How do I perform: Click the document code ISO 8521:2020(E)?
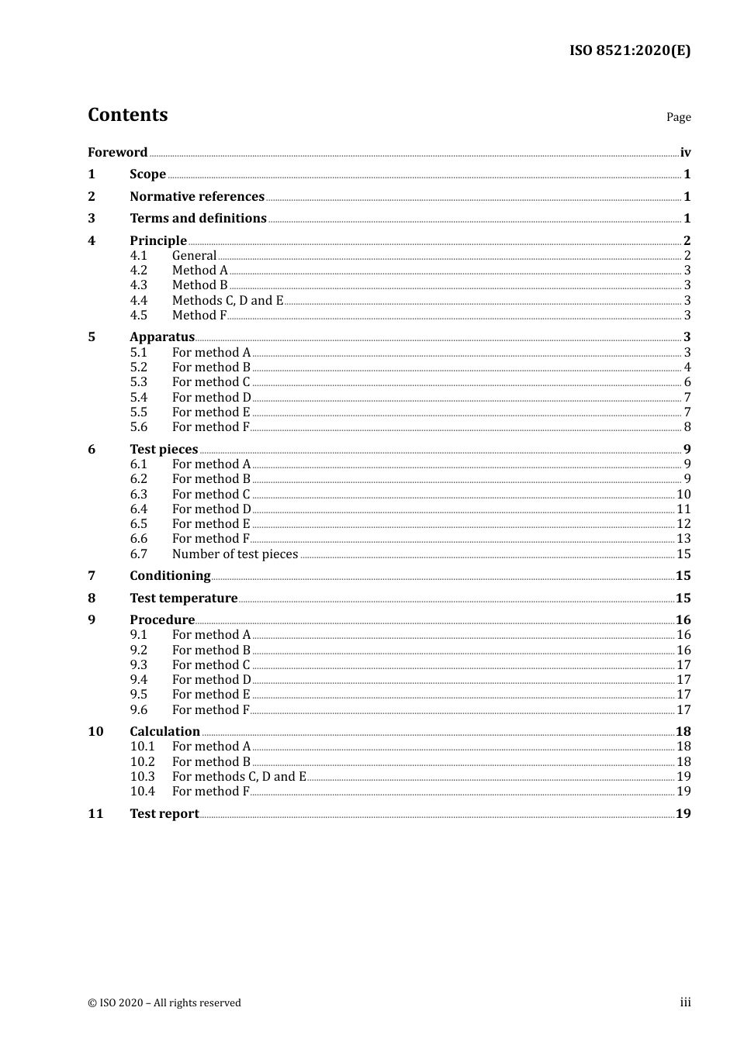point(629,50)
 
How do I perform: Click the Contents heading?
point(128,115)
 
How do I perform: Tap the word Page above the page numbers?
point(678,117)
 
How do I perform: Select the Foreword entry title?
point(117,152)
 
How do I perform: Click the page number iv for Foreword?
point(685,153)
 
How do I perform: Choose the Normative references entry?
point(197,196)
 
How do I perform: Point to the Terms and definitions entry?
point(198,219)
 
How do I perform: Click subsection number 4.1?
point(138,256)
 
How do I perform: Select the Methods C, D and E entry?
point(227,300)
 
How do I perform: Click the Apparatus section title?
point(162,336)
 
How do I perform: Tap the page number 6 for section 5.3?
point(687,382)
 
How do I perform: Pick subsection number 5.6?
point(138,427)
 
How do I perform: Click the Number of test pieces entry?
point(235,554)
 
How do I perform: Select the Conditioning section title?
point(170,575)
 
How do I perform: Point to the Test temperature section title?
point(184,598)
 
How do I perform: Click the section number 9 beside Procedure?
point(92,619)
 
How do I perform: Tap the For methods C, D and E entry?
point(239,776)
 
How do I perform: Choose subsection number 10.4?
point(142,792)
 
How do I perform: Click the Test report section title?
point(164,813)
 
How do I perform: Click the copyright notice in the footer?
point(164,1002)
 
